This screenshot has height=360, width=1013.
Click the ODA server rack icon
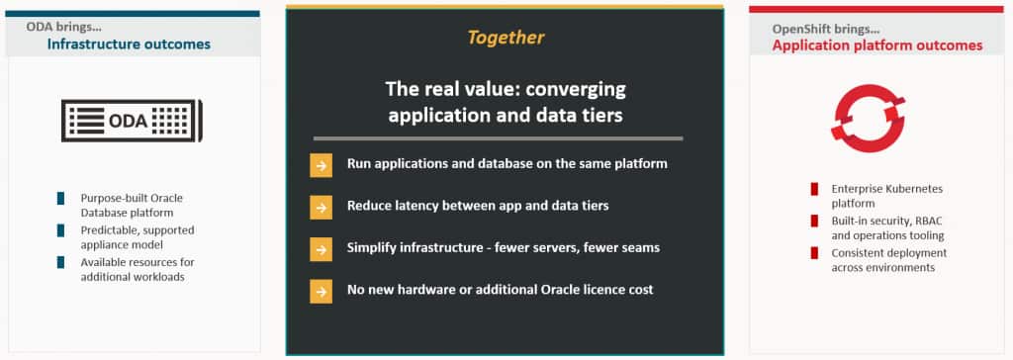132,121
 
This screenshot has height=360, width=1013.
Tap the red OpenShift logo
868,119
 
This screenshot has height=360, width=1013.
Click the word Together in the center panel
506,38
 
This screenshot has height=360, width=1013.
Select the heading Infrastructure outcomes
129,44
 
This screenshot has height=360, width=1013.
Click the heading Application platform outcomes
877,45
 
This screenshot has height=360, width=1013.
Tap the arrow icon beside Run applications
322,164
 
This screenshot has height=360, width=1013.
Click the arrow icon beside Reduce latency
322,207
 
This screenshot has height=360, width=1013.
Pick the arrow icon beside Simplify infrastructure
322,249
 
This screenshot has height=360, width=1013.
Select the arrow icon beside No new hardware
322,291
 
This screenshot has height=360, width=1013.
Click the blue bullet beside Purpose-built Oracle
60,199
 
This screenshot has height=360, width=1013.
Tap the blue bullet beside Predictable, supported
60,230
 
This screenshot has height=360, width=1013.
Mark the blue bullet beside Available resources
60,262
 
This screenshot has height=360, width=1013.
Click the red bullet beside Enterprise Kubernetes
814,189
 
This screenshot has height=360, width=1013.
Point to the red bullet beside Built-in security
814,221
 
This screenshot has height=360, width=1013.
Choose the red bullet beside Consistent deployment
814,253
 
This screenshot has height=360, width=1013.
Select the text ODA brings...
63,27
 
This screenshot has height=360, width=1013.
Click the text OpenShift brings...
825,29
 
